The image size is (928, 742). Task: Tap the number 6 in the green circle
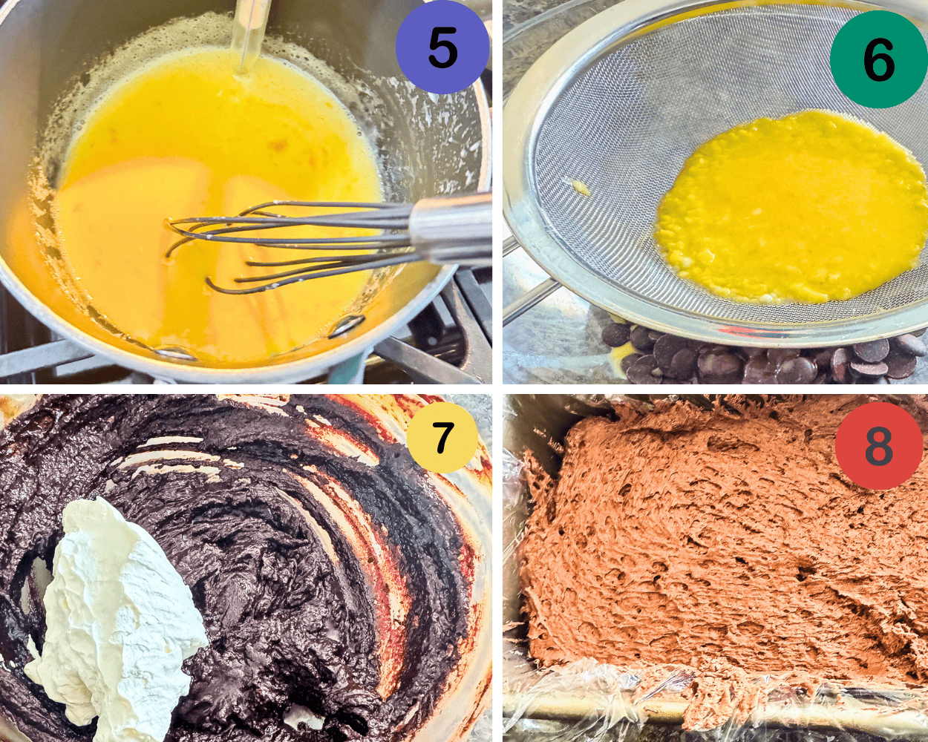click(x=878, y=61)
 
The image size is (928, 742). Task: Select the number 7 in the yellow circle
click(x=442, y=438)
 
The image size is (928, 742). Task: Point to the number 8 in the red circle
click(x=878, y=446)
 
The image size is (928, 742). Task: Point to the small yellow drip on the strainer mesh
click(x=581, y=188)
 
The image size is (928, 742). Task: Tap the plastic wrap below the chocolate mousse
click(x=594, y=690)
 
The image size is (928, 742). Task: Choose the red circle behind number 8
click(x=846, y=467)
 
